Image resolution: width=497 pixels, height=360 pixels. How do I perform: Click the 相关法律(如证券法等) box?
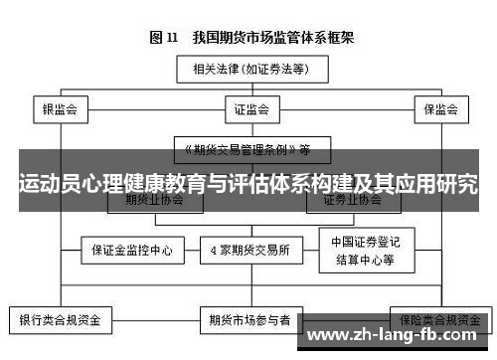(x=247, y=71)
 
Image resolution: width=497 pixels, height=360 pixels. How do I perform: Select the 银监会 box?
(x=60, y=107)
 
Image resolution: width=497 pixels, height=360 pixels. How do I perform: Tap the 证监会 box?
(x=247, y=107)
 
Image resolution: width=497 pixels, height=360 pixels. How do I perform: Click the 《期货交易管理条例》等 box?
(x=247, y=149)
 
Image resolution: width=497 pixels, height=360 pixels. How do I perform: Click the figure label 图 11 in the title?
(x=163, y=38)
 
